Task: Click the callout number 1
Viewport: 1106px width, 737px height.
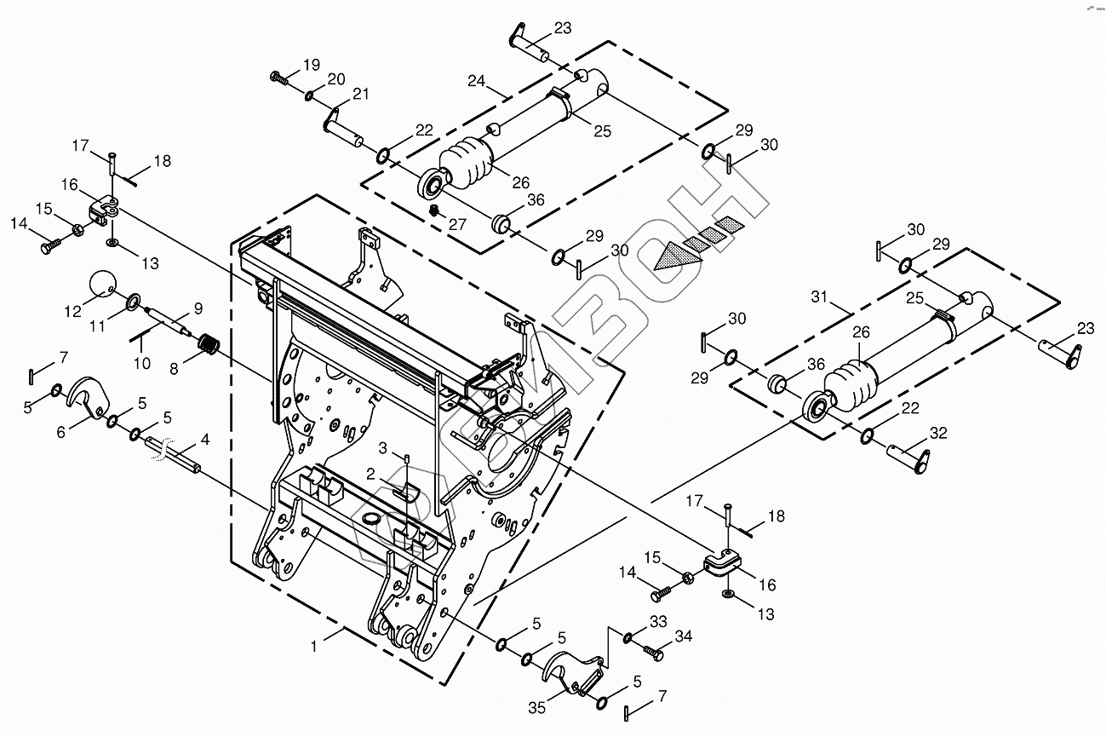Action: pyautogui.click(x=314, y=648)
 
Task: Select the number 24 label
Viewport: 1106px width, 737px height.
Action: pyautogui.click(x=477, y=82)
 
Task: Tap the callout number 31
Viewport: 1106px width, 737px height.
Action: pyautogui.click(x=819, y=297)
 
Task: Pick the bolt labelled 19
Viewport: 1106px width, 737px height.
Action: pyautogui.click(x=279, y=78)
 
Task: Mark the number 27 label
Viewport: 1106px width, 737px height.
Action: pyautogui.click(x=457, y=225)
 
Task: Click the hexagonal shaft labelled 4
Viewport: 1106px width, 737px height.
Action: pyautogui.click(x=176, y=454)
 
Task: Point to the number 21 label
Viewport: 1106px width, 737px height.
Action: pyautogui.click(x=360, y=94)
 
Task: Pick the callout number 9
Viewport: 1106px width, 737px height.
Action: pyautogui.click(x=198, y=307)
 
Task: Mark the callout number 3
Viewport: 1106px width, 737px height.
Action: pyautogui.click(x=383, y=447)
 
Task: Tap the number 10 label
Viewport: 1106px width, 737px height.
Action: pyautogui.click(x=141, y=364)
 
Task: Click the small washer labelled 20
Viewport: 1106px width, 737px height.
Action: pyautogui.click(x=308, y=94)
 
